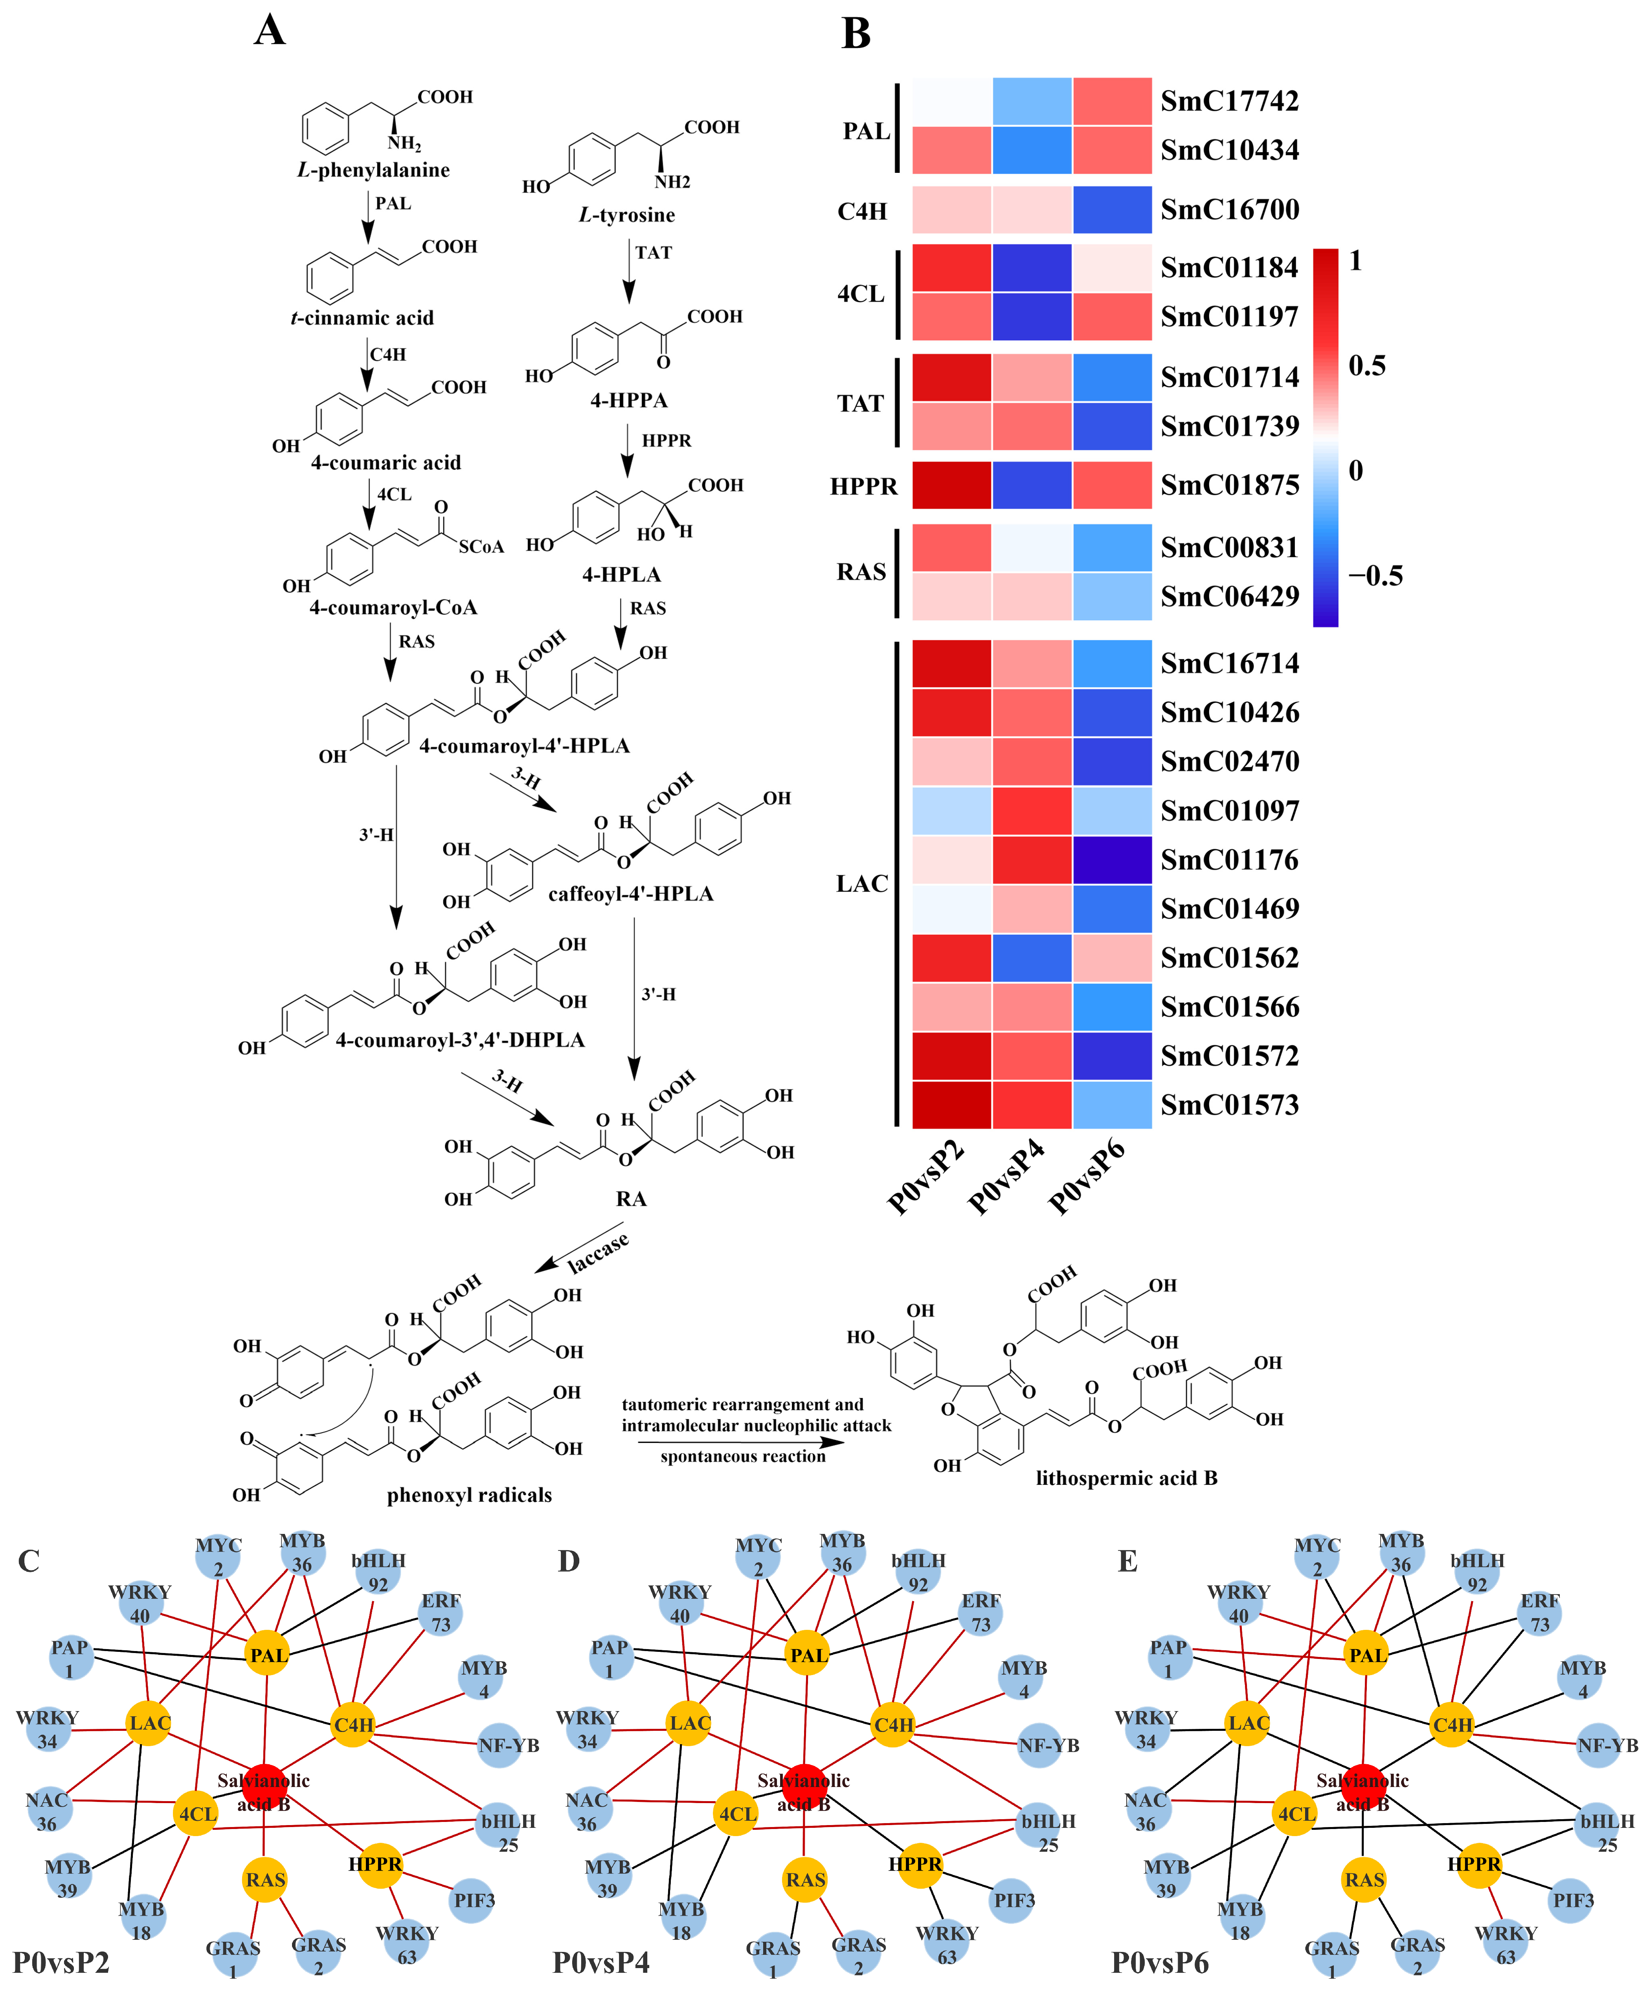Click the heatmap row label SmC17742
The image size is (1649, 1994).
click(x=1229, y=101)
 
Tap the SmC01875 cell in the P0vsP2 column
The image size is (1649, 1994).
click(x=952, y=485)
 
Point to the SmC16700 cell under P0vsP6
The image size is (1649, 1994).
click(x=1112, y=210)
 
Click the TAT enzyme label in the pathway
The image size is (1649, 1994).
click(x=654, y=253)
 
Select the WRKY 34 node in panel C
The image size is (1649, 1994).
click(x=48, y=1729)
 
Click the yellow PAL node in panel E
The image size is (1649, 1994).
click(x=1367, y=1655)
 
